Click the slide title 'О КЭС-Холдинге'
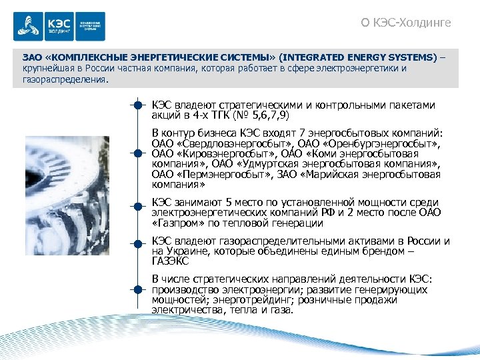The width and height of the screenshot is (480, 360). pos(405,23)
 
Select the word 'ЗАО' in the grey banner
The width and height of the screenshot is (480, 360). pos(32,57)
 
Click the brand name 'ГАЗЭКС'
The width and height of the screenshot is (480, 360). pos(171,261)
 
